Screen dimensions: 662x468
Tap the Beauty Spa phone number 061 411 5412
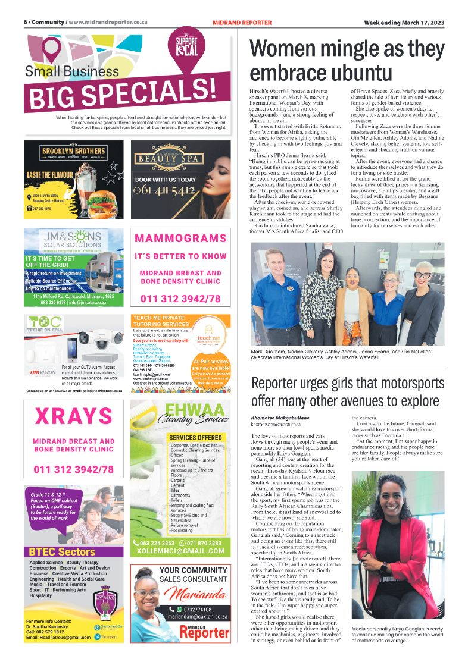(165, 190)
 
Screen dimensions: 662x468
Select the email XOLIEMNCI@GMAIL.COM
(179, 551)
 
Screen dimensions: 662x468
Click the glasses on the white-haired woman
(423, 274)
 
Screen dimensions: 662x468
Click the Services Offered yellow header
(195, 437)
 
